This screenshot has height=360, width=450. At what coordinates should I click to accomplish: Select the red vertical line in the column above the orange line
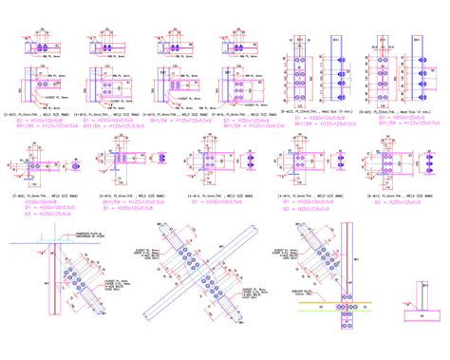pos(346,266)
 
